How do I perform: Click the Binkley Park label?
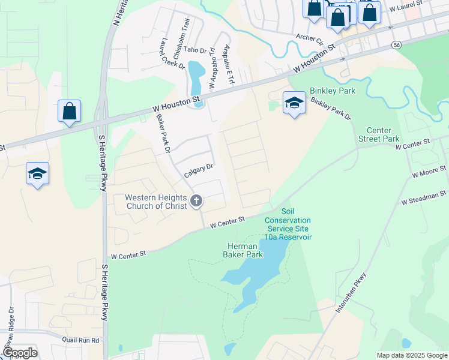pos(333,91)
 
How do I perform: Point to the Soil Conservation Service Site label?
pos(288,224)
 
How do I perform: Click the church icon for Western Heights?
pos(196,202)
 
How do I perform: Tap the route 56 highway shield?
pos(396,45)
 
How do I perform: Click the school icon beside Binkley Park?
pos(294,103)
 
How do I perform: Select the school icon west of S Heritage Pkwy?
pos(38,174)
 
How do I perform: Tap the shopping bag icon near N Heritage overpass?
pos(70,112)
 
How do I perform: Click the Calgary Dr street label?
pos(199,170)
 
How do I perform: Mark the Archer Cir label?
pos(310,40)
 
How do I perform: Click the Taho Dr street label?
pos(194,50)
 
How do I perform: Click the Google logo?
pos(19,353)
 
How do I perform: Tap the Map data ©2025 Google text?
pos(411,355)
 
